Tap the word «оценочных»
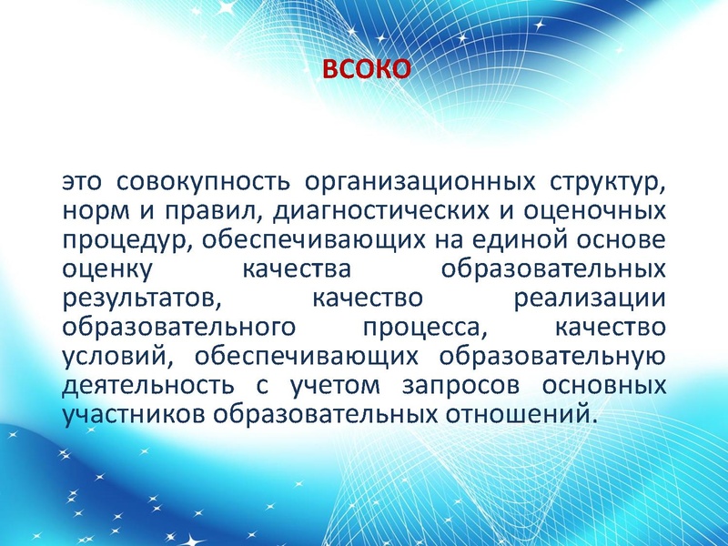pos(591,212)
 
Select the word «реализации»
pos(590,299)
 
